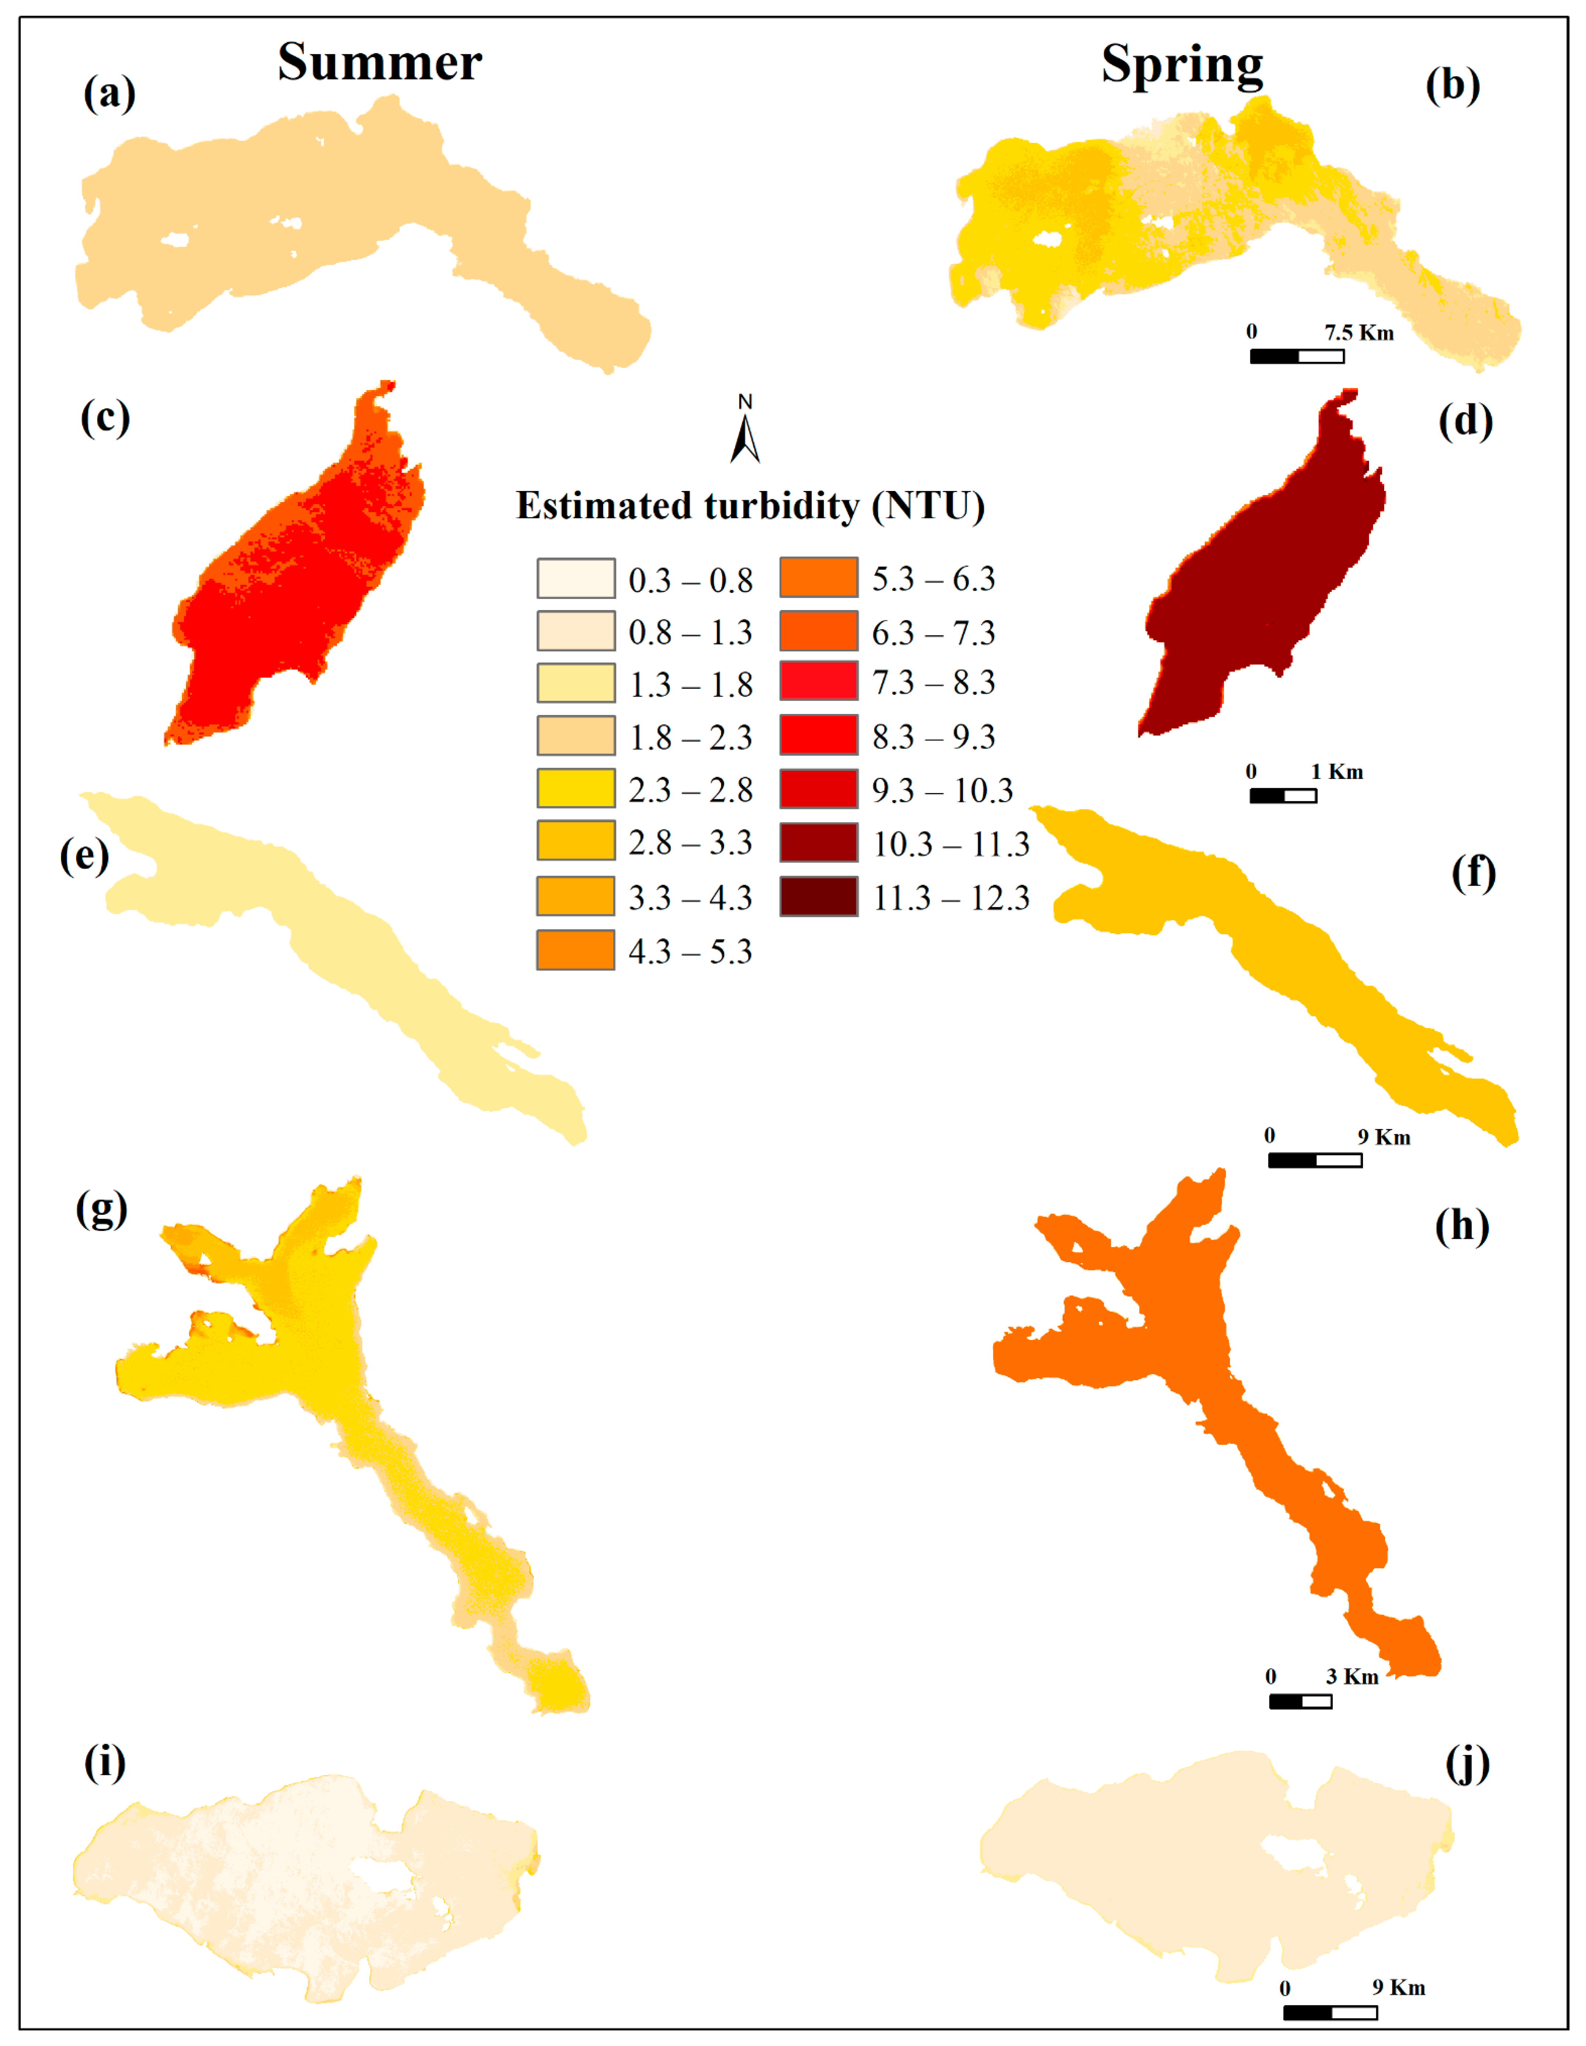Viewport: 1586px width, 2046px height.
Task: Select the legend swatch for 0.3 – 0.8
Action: (575, 578)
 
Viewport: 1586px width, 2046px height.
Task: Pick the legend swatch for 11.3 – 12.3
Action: (818, 897)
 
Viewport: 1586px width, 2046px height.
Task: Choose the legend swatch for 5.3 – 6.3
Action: (818, 577)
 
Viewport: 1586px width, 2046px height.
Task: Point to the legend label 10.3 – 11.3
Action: (951, 844)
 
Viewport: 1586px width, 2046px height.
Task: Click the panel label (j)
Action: (1467, 1765)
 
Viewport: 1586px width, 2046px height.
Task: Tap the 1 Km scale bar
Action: (1282, 795)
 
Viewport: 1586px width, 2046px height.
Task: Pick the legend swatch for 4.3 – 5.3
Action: (575, 950)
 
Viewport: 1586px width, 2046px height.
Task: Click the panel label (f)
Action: (1472, 873)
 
